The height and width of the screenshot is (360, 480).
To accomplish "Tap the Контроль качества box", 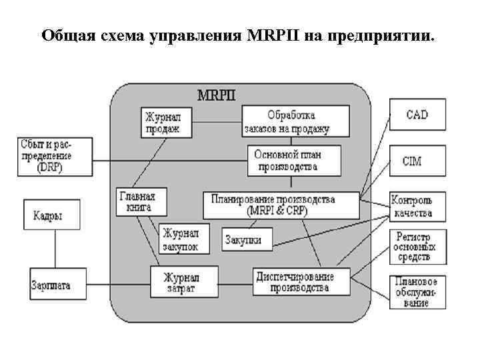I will click(412, 207).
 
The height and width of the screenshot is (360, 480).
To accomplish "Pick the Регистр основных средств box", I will click(413, 247).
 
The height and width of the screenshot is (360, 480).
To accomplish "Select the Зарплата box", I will click(51, 285).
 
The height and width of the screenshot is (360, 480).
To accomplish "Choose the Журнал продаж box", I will click(164, 123).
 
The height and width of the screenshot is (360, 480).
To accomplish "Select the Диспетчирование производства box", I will click(301, 281).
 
